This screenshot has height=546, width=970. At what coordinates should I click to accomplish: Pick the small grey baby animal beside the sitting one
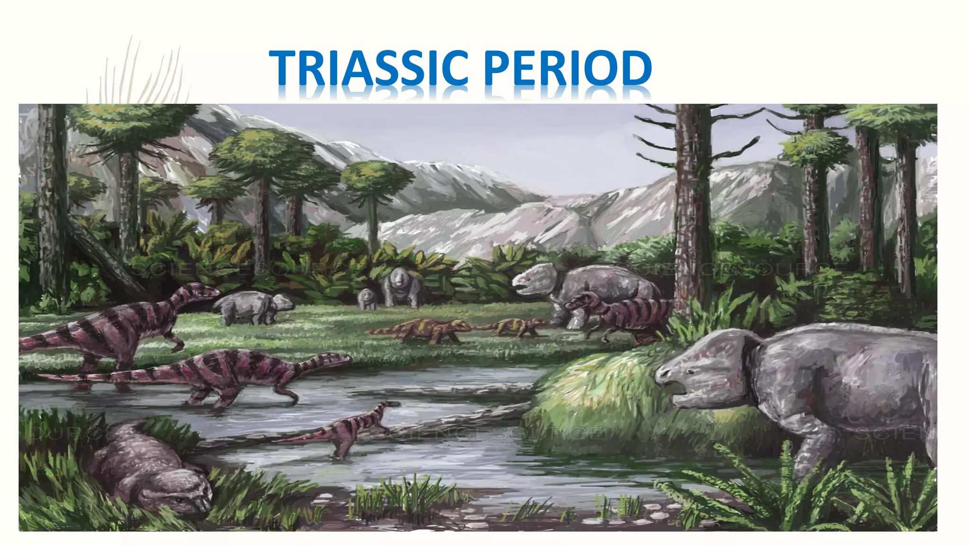tap(366, 299)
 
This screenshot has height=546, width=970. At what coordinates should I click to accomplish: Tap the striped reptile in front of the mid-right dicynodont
tap(620, 315)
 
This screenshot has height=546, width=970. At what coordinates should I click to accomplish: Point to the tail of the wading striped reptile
tap(95, 377)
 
